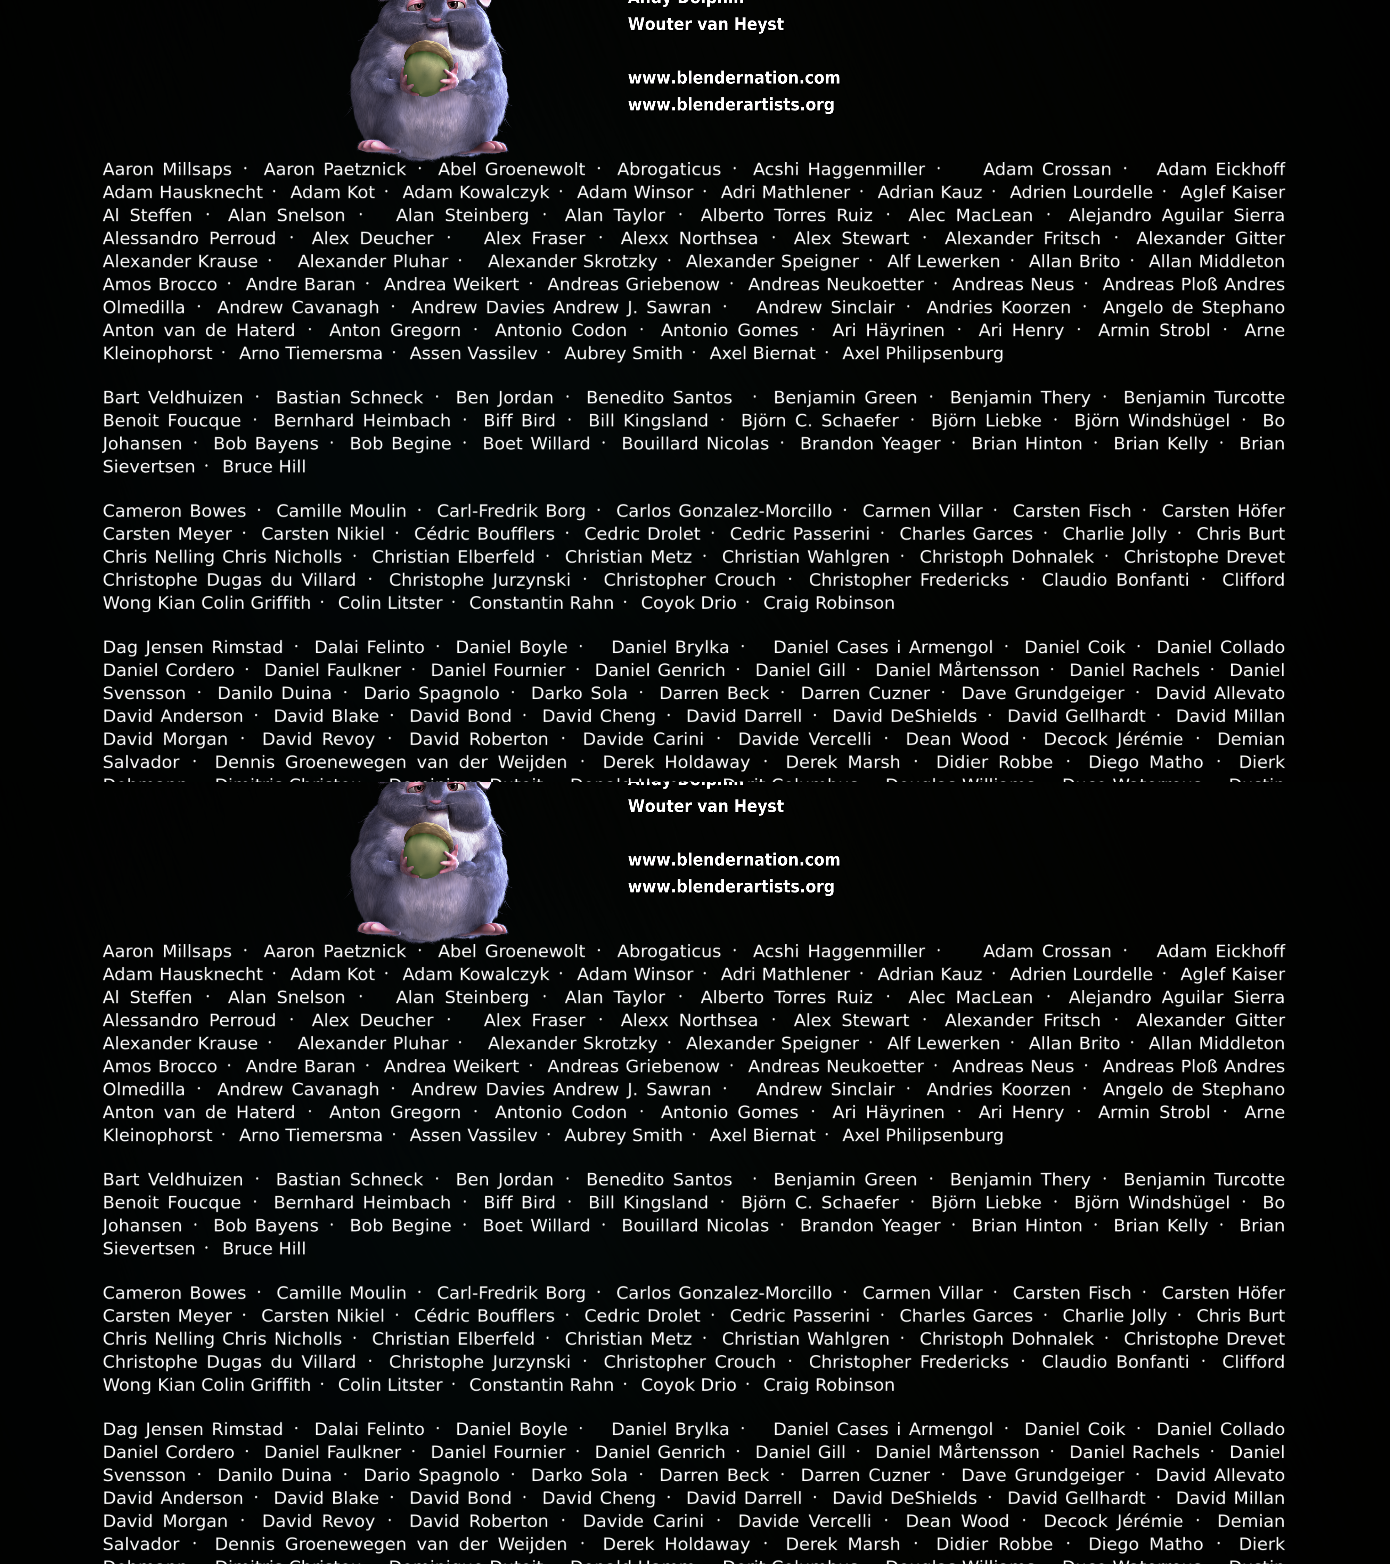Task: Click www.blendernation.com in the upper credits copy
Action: click(x=734, y=78)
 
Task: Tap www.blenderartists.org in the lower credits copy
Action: click(x=730, y=887)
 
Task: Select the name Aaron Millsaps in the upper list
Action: click(x=167, y=170)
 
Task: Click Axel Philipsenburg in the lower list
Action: click(x=923, y=1135)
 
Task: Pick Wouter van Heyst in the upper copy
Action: click(x=705, y=24)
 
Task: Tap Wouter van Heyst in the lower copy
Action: click(x=705, y=806)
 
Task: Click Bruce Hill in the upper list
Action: click(x=264, y=467)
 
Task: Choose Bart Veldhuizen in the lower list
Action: click(x=173, y=1180)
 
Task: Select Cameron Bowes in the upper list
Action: click(x=174, y=511)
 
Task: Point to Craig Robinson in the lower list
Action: click(x=828, y=1385)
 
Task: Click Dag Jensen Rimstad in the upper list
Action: click(x=193, y=647)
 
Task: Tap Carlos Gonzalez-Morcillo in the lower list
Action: click(x=724, y=1293)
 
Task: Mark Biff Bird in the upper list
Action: click(x=520, y=421)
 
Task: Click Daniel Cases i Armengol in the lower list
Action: click(x=883, y=1429)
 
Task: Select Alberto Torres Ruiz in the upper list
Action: click(x=786, y=216)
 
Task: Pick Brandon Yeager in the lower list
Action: click(x=870, y=1226)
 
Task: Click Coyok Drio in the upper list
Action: click(x=688, y=603)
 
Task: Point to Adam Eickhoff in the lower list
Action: click(x=1220, y=952)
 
